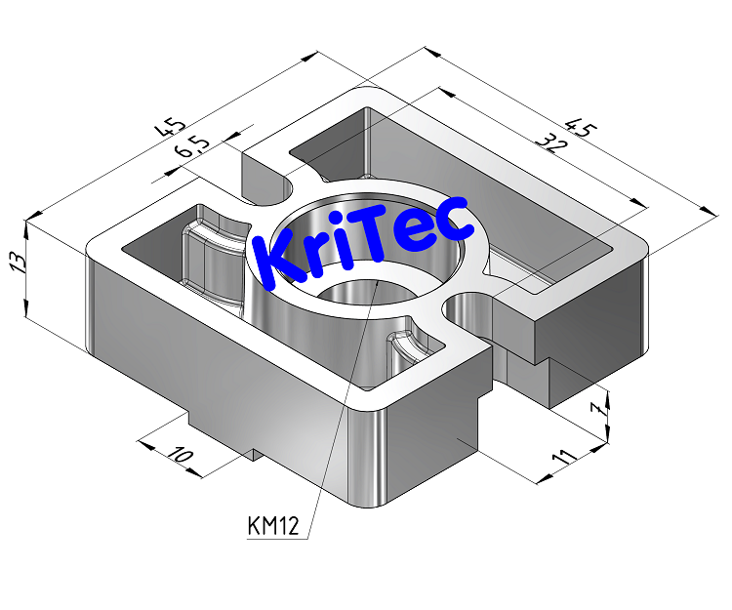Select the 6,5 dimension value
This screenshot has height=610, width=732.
(x=191, y=148)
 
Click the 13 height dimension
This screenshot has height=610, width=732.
(x=15, y=265)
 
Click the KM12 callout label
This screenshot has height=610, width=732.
(x=272, y=527)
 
